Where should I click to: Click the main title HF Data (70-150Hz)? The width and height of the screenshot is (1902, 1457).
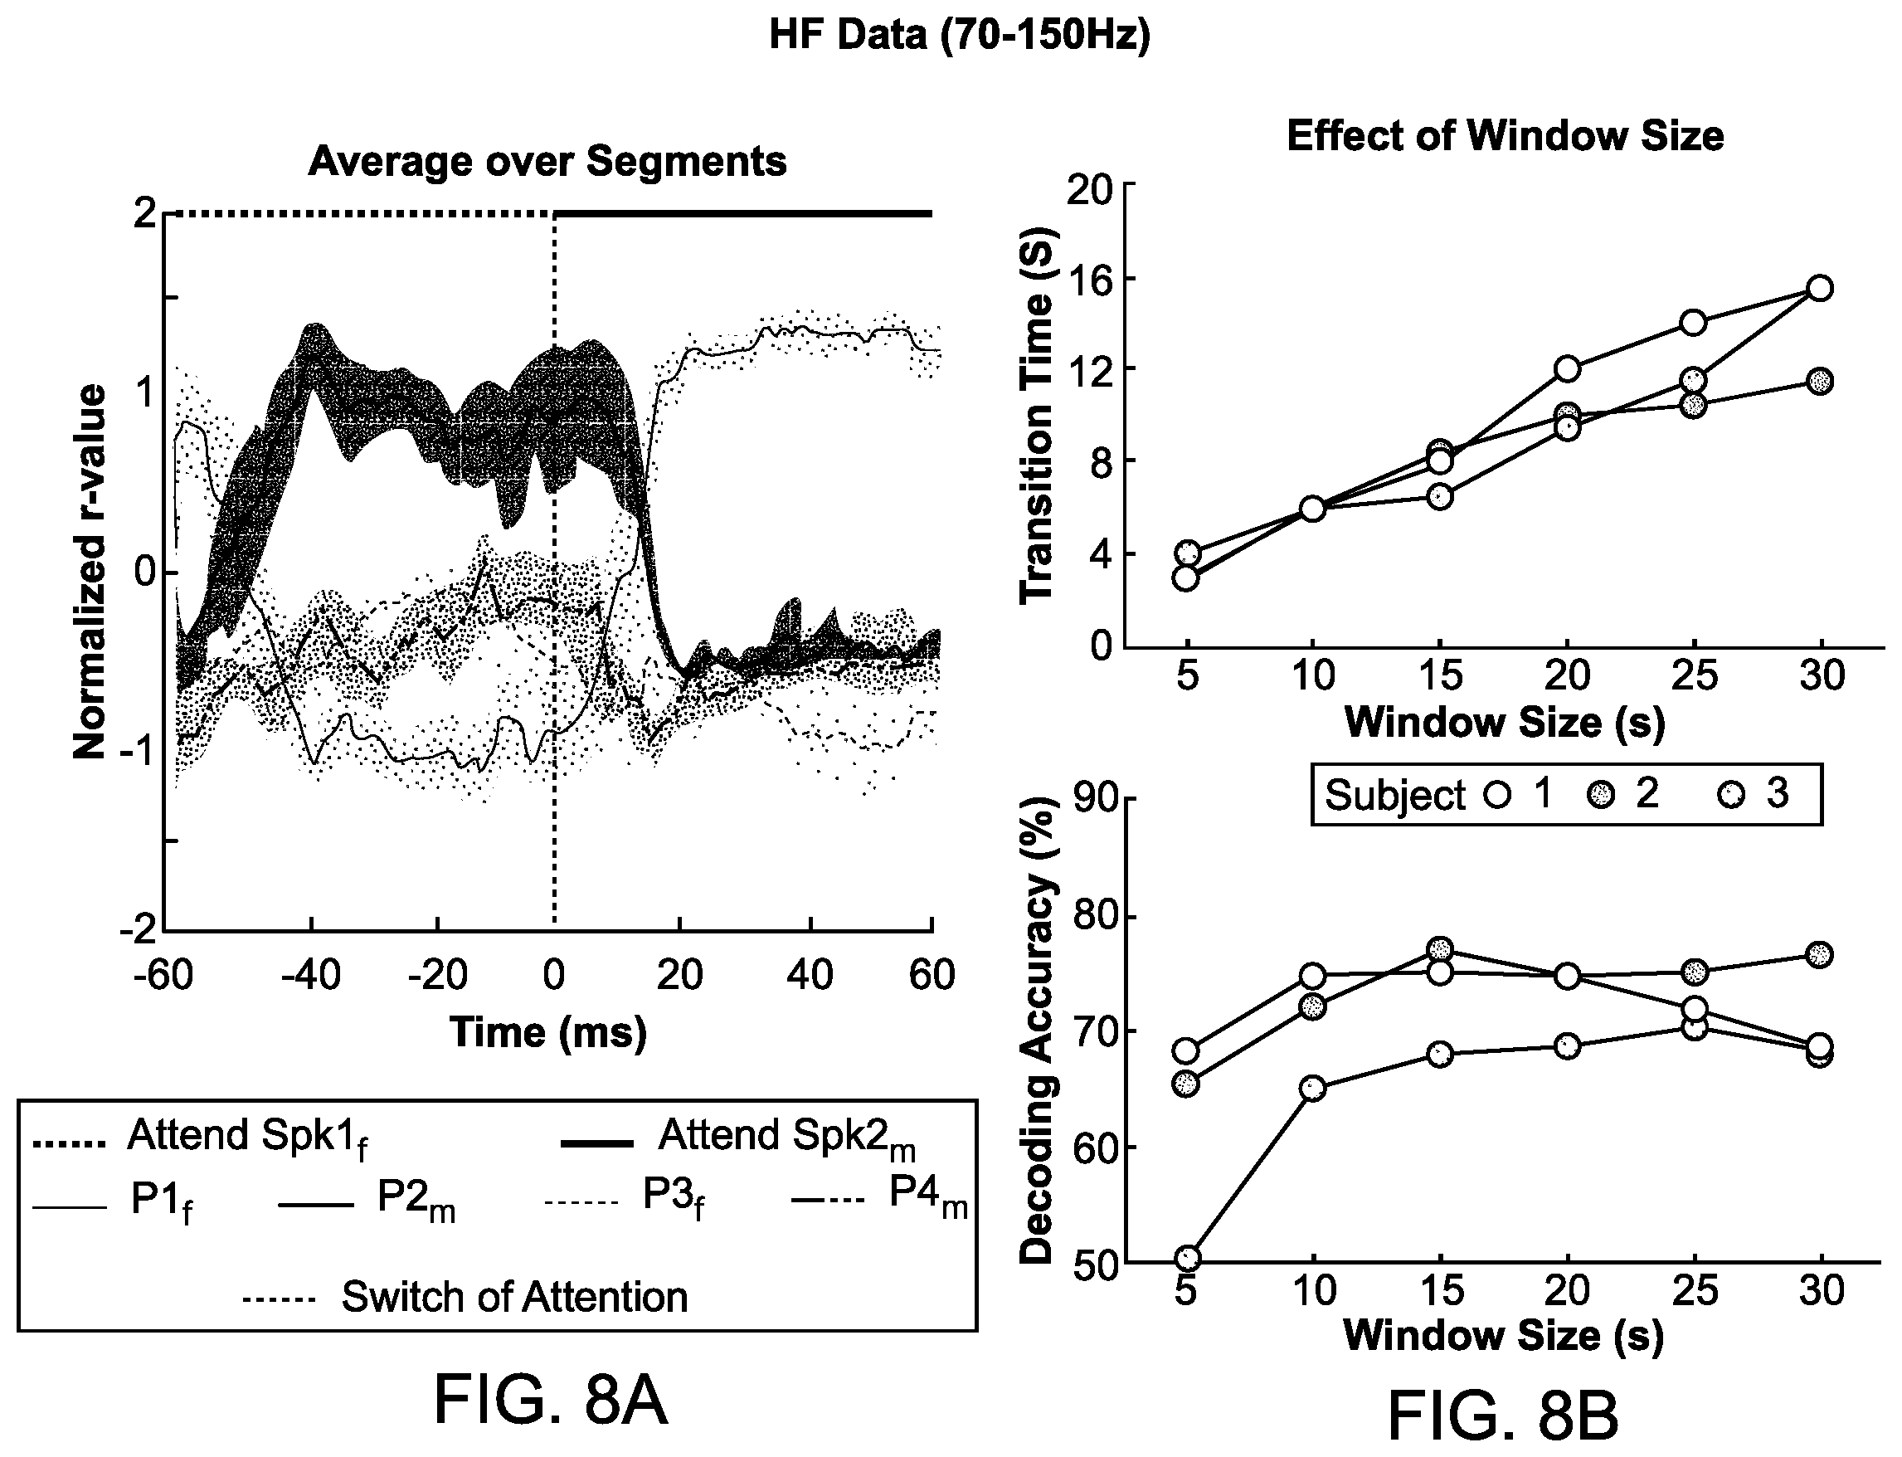coord(960,36)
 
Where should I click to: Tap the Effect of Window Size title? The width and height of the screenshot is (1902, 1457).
coord(1505,136)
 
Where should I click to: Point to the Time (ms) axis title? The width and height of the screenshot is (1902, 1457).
coord(548,1033)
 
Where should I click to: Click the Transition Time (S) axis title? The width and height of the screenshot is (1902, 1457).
coord(1037,417)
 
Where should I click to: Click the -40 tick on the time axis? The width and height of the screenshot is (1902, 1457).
coord(309,976)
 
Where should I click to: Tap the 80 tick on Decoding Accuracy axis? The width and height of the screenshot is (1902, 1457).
coord(1095,918)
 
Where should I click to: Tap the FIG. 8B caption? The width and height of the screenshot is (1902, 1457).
coord(1503,1418)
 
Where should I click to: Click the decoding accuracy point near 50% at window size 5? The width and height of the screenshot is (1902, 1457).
coord(1189,1258)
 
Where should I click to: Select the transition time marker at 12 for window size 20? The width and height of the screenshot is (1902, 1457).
coord(1567,369)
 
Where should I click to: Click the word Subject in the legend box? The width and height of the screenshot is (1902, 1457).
coord(1395,795)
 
